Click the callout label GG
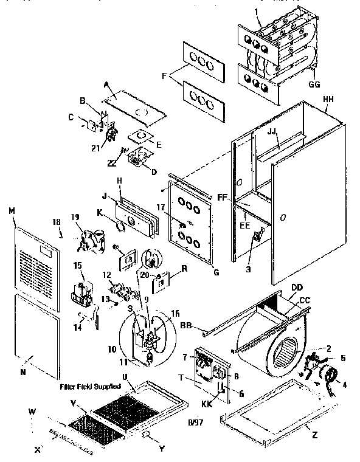coord(314,84)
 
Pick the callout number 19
coord(75,217)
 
